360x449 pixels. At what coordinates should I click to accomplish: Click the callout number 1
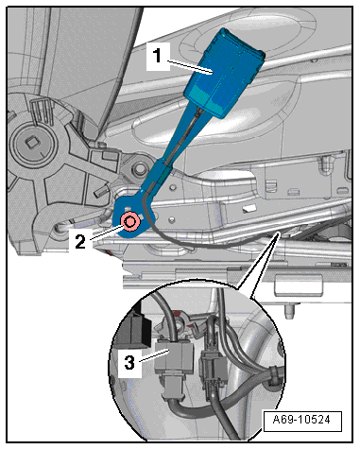pyautogui.click(x=157, y=56)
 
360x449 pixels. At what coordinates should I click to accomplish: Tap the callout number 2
pyautogui.click(x=80, y=242)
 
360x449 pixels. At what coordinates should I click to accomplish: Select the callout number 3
pyautogui.click(x=129, y=362)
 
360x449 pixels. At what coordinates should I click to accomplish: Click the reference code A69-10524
pyautogui.click(x=301, y=420)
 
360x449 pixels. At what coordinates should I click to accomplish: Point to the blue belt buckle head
pyautogui.click(x=224, y=73)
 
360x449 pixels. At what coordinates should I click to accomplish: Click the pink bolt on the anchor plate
pyautogui.click(x=130, y=222)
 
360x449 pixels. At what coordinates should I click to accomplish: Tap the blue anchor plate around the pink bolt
pyautogui.click(x=134, y=215)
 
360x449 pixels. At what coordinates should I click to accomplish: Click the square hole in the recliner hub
pyautogui.click(x=32, y=144)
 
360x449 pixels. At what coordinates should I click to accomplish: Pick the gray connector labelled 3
pyautogui.click(x=174, y=362)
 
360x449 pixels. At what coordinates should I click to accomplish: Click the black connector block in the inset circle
pyautogui.click(x=134, y=329)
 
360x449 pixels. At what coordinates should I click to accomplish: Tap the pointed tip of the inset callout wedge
pyautogui.click(x=278, y=232)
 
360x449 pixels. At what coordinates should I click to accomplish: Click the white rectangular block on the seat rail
pyautogui.click(x=298, y=285)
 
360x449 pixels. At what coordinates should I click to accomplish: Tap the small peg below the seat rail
pyautogui.click(x=290, y=310)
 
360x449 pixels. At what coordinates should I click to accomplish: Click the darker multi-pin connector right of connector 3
pyautogui.click(x=212, y=368)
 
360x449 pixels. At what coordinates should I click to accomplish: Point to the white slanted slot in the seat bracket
pyautogui.click(x=249, y=208)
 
